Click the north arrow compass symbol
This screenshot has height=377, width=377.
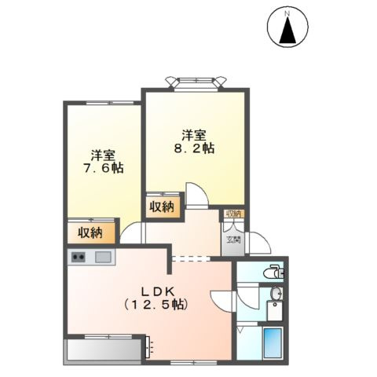pyautogui.click(x=287, y=27)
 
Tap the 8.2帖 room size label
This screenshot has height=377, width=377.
pyautogui.click(x=195, y=148)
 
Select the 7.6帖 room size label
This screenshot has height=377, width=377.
pyautogui.click(x=103, y=168)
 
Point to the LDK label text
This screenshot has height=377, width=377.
pyautogui.click(x=157, y=291)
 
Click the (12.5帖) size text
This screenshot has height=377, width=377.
pyautogui.click(x=156, y=305)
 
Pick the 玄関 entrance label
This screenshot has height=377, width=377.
pyautogui.click(x=233, y=240)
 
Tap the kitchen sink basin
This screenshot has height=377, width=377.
pyautogui.click(x=103, y=257)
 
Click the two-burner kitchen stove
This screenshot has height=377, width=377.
pyautogui.click(x=79, y=257)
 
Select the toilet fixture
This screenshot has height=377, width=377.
pyautogui.click(x=273, y=273)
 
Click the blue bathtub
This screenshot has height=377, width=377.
pyautogui.click(x=273, y=343)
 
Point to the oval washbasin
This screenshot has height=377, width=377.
pyautogui.click(x=276, y=294)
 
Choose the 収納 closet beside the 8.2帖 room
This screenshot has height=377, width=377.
pyautogui.click(x=163, y=207)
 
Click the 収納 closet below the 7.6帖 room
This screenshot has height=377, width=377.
pyautogui.click(x=90, y=232)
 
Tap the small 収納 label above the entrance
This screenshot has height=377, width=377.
pyautogui.click(x=233, y=214)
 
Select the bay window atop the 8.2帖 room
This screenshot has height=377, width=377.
pyautogui.click(x=196, y=82)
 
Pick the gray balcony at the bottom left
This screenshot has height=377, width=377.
pyautogui.click(x=104, y=350)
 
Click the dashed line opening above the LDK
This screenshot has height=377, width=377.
pyautogui.click(x=191, y=258)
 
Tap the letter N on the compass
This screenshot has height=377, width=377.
pyautogui.click(x=287, y=13)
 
